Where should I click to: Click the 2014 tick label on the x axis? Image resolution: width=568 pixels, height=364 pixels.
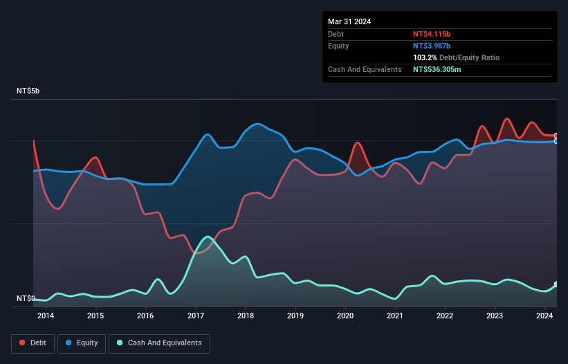[46, 316]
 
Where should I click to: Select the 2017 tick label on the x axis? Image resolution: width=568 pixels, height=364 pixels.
[196, 316]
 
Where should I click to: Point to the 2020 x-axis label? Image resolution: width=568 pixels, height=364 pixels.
[345, 316]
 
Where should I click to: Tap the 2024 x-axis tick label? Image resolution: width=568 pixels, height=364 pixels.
[544, 316]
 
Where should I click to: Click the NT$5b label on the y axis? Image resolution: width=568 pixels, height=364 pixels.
[28, 91]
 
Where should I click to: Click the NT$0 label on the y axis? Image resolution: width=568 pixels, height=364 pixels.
[25, 299]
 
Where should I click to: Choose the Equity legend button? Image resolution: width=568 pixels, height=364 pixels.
[82, 343]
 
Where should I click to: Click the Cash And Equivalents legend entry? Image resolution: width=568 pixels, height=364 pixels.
[159, 343]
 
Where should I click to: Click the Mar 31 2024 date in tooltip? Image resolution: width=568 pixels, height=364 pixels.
[349, 21]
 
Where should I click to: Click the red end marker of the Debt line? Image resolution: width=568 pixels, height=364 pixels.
[556, 136]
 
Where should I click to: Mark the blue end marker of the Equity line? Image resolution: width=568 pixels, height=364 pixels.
[556, 141]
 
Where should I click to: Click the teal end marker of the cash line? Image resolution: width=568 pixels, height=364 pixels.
[556, 284]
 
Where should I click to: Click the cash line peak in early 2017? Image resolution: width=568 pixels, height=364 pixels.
[206, 237]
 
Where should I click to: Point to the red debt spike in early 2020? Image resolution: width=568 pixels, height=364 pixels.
[358, 143]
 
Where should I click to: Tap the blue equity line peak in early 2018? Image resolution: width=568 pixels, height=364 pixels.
[257, 124]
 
